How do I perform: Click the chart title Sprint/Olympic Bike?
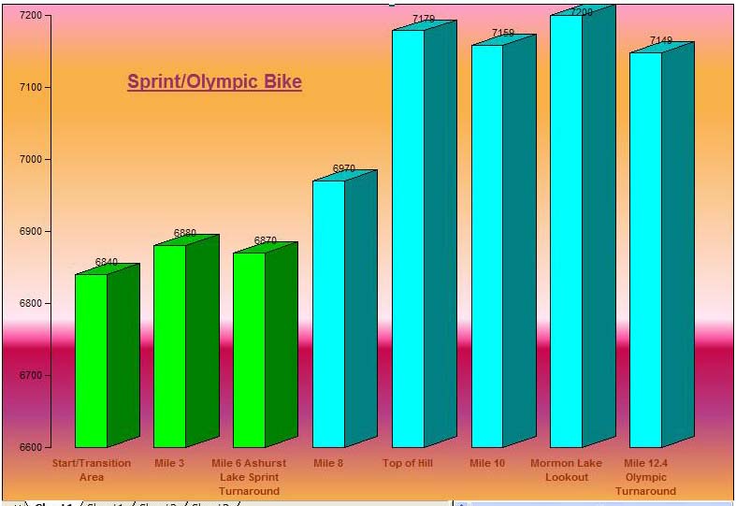coord(214,82)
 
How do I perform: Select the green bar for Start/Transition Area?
coord(91,360)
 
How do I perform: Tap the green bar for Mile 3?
coord(169,346)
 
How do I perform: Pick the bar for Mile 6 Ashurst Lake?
coord(249,350)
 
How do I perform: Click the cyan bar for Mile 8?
coord(328,313)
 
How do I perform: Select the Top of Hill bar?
coord(408,239)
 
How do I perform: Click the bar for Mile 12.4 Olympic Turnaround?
coord(645,250)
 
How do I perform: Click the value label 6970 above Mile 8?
coord(344,169)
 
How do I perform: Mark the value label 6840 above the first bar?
coord(107,263)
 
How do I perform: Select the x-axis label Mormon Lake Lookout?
coord(567,470)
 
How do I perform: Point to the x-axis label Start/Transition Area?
coord(91,470)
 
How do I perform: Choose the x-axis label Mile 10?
coord(486,463)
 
